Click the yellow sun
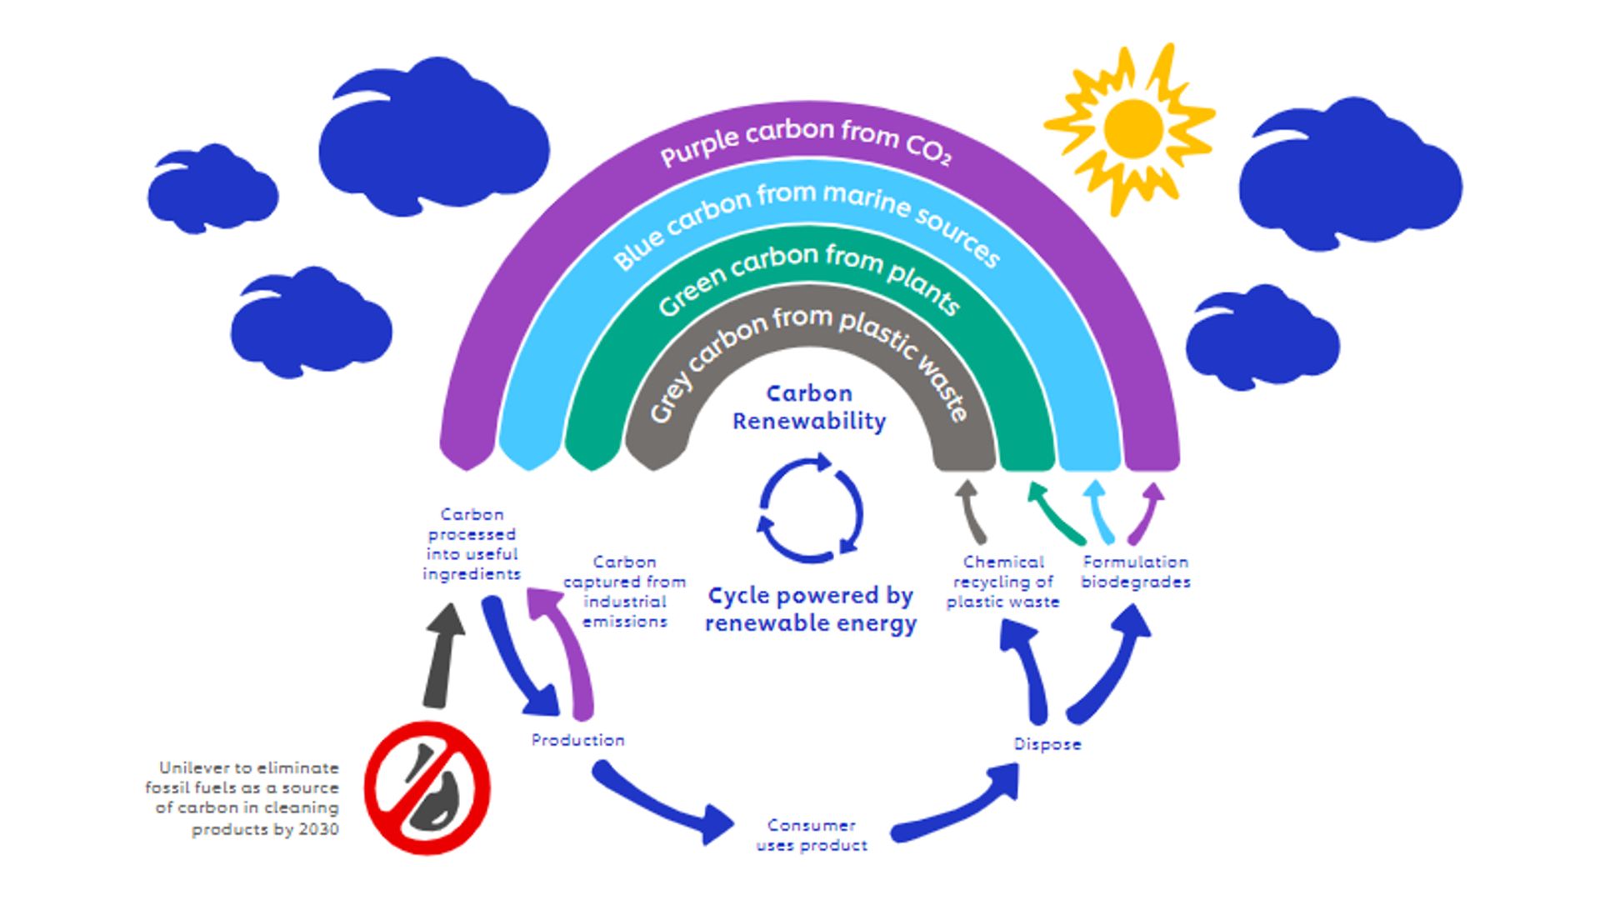[x=1132, y=128]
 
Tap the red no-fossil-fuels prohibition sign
[x=427, y=787]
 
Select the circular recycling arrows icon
[x=810, y=509]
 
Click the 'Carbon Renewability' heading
[x=808, y=407]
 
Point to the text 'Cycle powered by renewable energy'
[x=811, y=609]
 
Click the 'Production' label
[x=577, y=740]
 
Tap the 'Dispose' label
[x=1047, y=744]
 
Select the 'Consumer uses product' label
[x=812, y=835]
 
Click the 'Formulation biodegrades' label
[x=1135, y=572]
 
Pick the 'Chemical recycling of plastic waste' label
[x=1002, y=582]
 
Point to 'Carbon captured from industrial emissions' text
[x=624, y=592]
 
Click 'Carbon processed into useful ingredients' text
[x=472, y=544]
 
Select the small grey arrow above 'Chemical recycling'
[x=971, y=510]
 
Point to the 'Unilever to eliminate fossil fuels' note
[x=243, y=797]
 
